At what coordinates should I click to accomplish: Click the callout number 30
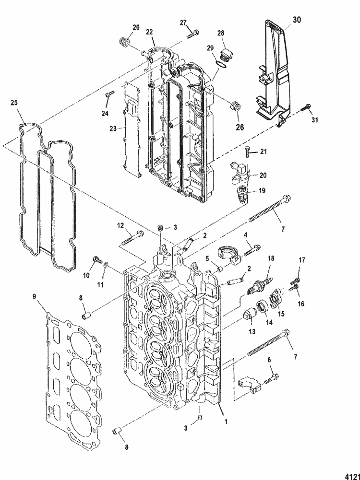click(x=297, y=20)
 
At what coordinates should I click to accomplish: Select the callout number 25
click(x=14, y=103)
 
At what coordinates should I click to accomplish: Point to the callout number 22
click(x=150, y=32)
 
